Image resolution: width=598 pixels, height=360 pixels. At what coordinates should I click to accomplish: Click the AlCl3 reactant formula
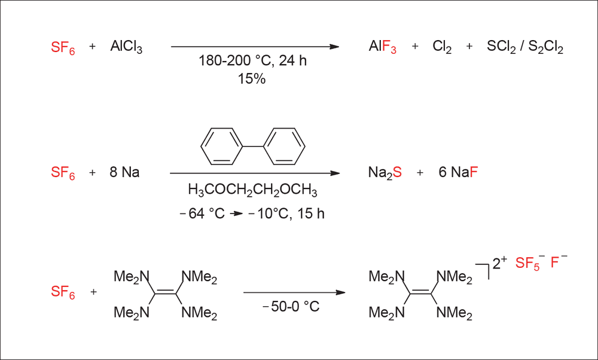pyautogui.click(x=126, y=47)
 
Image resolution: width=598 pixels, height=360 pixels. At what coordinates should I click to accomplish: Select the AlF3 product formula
pyautogui.click(x=383, y=47)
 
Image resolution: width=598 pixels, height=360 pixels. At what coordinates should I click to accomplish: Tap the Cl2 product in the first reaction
pyautogui.click(x=442, y=47)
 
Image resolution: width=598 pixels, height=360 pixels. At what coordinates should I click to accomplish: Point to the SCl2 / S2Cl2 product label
pyautogui.click(x=525, y=47)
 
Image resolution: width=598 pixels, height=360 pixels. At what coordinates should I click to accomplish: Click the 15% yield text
pyautogui.click(x=252, y=78)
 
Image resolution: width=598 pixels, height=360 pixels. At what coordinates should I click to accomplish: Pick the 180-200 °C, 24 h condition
pyautogui.click(x=252, y=60)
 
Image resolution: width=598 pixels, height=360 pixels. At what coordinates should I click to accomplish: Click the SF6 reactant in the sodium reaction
pyautogui.click(x=63, y=173)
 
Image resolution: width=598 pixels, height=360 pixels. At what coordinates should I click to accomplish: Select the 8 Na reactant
pyautogui.click(x=124, y=172)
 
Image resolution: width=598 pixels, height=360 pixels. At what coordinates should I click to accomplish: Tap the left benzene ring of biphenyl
pyautogui.click(x=222, y=147)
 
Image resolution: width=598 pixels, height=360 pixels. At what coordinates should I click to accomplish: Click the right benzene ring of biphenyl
pyautogui.click(x=285, y=147)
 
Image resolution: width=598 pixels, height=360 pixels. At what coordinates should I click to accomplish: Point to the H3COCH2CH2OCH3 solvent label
pyautogui.click(x=252, y=190)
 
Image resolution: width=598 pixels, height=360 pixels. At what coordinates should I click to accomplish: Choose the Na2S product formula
pyautogui.click(x=385, y=173)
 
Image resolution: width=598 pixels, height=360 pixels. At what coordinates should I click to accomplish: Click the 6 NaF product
pyautogui.click(x=458, y=172)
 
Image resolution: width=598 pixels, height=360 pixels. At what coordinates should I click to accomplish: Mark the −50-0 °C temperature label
pyautogui.click(x=291, y=306)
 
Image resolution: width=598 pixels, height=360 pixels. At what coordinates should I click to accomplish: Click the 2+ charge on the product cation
pyautogui.click(x=499, y=263)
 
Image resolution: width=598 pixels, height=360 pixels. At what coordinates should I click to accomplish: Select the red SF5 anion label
pyautogui.click(x=528, y=263)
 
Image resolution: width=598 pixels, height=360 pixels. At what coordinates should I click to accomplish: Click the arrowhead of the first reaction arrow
pyautogui.click(x=334, y=47)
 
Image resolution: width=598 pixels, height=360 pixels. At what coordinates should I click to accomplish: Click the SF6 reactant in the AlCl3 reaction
pyautogui.click(x=63, y=48)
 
